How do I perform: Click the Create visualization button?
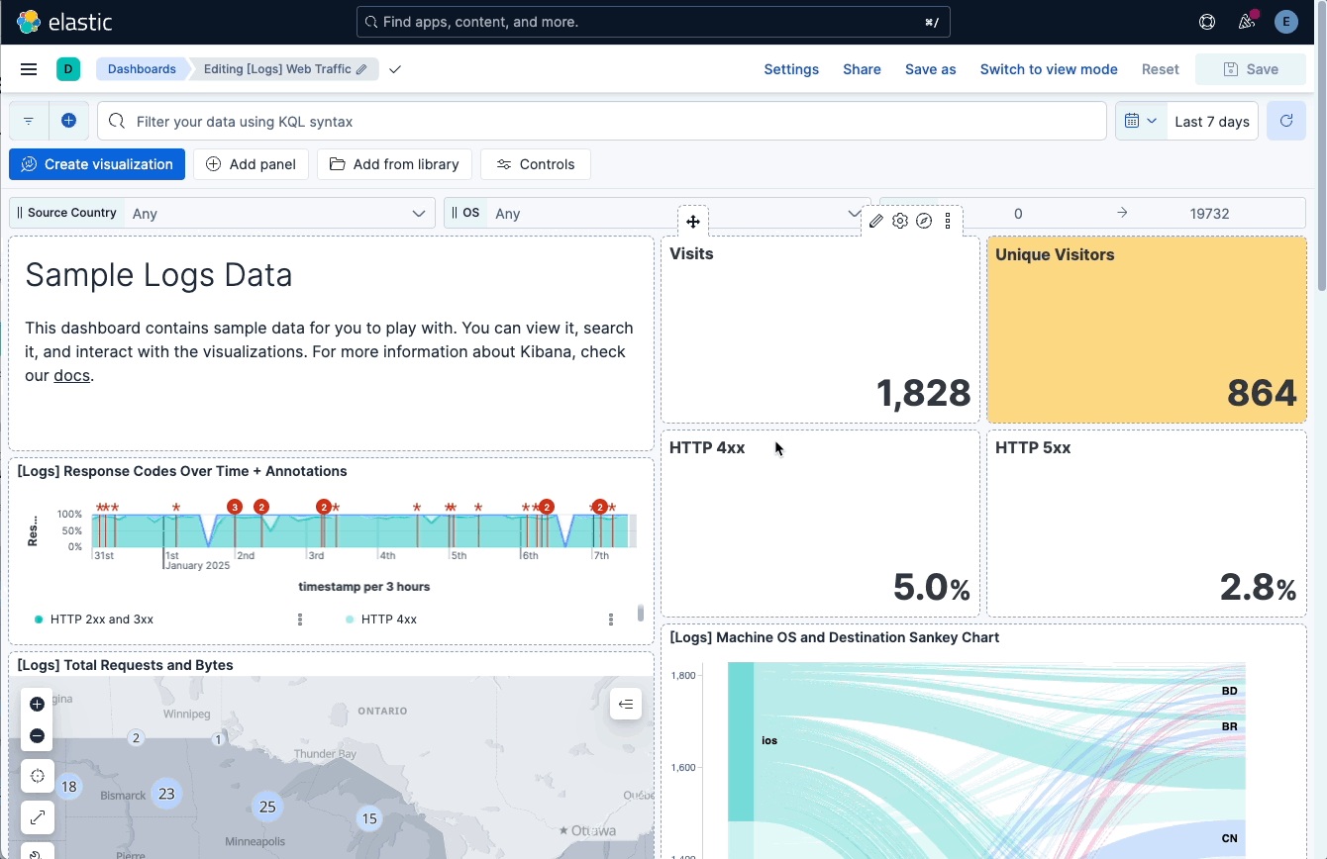[x=97, y=164]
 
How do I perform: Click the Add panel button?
[x=252, y=164]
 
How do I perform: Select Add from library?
[x=394, y=164]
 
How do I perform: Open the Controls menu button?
[x=535, y=164]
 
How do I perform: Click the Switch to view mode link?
[x=1049, y=69]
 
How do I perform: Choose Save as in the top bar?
[x=930, y=69]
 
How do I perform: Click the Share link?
[x=862, y=69]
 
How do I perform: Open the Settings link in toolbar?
[x=791, y=69]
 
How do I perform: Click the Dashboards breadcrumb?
[x=142, y=69]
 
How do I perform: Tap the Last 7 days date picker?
[x=1211, y=122]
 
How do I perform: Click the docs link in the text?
[x=71, y=376]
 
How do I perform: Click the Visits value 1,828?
[x=923, y=394]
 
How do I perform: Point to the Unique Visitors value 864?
[x=1261, y=394]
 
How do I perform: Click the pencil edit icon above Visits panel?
[x=876, y=221]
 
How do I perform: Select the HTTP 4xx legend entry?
[x=388, y=620]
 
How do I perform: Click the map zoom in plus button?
[x=37, y=705]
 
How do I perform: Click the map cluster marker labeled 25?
[x=267, y=807]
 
